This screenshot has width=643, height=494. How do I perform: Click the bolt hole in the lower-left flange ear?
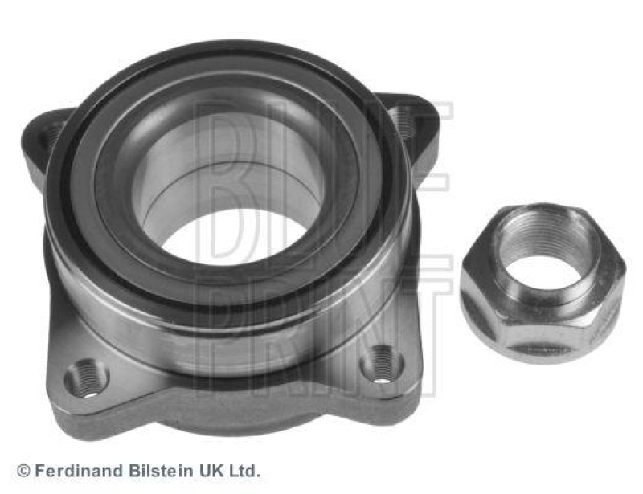(87, 377)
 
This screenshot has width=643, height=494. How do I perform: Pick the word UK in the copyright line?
(207, 471)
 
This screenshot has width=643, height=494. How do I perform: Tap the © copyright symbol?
(23, 471)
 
